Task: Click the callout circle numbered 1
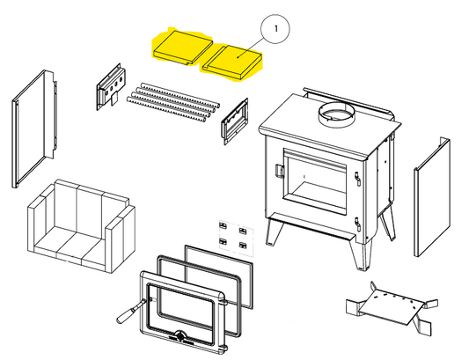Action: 275,29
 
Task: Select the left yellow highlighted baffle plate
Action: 182,47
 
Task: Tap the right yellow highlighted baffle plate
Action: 231,62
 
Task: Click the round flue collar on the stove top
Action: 336,114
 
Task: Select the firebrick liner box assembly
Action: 81,226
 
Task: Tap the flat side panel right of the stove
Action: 432,197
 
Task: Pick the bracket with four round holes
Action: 111,86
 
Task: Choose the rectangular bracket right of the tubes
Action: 235,121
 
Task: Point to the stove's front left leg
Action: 275,231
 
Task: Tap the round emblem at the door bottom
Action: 181,336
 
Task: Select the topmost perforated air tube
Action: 180,94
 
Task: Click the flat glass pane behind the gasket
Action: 219,276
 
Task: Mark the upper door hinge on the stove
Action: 357,179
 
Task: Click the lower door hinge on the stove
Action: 357,224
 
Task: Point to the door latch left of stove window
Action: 279,171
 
